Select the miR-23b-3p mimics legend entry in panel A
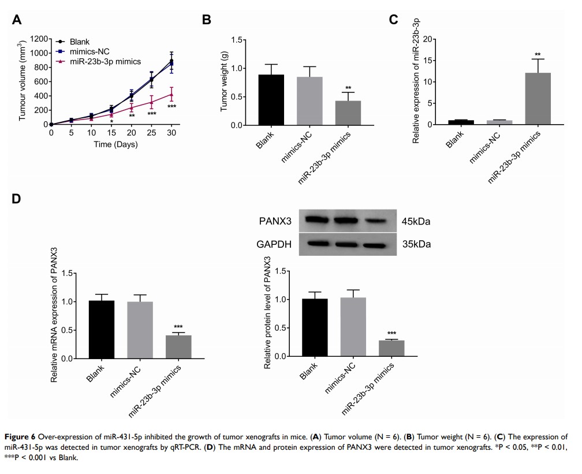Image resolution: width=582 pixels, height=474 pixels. pos(105,61)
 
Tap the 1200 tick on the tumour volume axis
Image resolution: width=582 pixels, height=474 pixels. pos(35,39)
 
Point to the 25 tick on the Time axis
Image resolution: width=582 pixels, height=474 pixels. pos(151,133)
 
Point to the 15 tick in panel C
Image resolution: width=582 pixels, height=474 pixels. pos(428,60)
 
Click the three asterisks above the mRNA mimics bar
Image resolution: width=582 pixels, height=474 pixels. pos(178,327)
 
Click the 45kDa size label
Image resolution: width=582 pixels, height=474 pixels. pos(417,221)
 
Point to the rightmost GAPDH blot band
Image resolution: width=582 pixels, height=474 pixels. pos(377,244)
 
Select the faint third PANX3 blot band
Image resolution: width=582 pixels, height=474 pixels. pos(377,221)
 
